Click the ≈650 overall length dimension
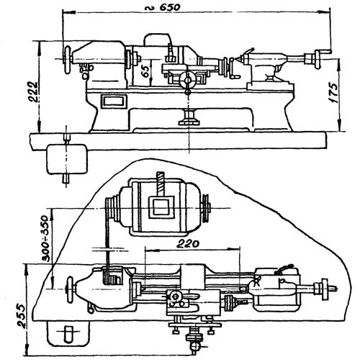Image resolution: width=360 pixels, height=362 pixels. (163, 7)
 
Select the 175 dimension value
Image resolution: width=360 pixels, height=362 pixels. (334, 93)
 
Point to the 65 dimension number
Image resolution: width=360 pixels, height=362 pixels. (145, 71)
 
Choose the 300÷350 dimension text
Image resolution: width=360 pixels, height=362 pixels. (45, 238)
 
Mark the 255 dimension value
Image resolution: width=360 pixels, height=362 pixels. (21, 316)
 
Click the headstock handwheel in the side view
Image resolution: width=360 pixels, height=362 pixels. (68, 60)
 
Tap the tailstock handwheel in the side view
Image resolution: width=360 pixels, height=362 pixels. (318, 59)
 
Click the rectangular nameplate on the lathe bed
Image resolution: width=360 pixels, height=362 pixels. (114, 101)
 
